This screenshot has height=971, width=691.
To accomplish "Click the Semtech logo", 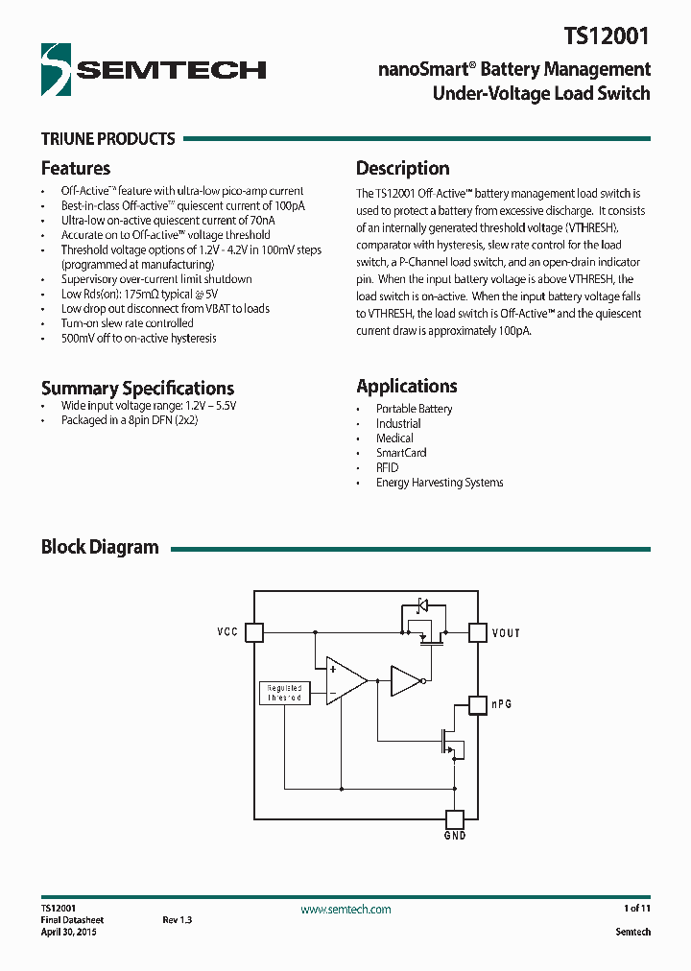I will pos(154,68).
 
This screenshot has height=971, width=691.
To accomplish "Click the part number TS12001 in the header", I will pos(607,37).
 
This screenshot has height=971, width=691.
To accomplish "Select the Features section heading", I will pos(76,168).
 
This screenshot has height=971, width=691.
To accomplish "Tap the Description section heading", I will pos(402,168).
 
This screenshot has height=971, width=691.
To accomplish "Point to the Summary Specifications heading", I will pos(137,388).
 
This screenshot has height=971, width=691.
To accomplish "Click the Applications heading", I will pos(406,386).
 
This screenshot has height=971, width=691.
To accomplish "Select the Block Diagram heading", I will pos(100,547).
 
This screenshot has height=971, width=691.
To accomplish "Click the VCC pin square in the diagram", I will pos(253,632).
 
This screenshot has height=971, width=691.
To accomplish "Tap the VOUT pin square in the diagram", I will pos(477,632).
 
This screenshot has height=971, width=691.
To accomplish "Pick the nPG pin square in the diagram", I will pos(477,705).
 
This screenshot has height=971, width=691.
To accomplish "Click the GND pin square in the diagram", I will pos(455,819).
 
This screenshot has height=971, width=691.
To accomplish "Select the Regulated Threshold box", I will pos(284,693).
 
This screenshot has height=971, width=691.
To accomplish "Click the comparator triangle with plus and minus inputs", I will pos(345,681).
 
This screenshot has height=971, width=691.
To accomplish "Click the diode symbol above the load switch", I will pos(421,604).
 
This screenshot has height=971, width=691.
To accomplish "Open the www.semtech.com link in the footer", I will pos(345,910).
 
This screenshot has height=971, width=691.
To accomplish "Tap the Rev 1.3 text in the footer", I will pos(178,920).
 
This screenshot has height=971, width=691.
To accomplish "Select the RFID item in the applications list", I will pos(387,467).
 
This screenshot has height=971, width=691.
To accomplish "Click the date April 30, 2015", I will pos(68,933).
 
